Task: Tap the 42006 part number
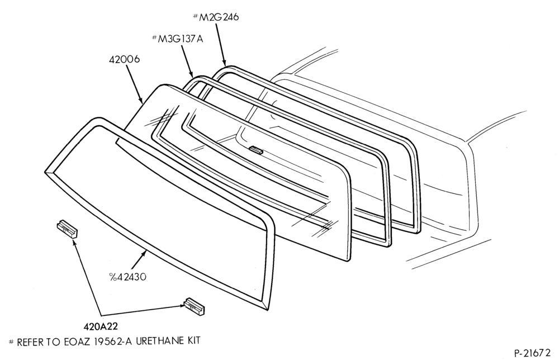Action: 125,59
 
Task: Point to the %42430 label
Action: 127,277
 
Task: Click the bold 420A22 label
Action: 101,326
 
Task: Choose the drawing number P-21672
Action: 533,353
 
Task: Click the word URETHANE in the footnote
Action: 158,341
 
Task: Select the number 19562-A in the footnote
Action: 113,341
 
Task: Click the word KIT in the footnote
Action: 192,341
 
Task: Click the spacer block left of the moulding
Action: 68,229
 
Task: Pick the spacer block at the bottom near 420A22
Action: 195,306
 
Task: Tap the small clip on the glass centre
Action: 257,150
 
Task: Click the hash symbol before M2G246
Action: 195,16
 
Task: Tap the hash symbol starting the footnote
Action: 11,342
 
